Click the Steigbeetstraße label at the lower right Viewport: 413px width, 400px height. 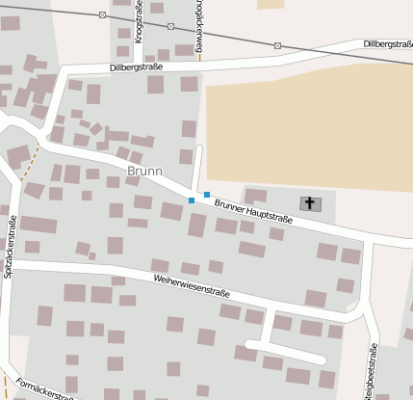point(369,376)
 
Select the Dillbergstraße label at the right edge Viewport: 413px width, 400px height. point(388,44)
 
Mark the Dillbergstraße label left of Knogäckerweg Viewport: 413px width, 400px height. point(136,67)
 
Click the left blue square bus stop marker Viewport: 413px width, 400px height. point(192,200)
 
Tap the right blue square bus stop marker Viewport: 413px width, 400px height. point(207,195)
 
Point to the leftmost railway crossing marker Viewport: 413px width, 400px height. point(103,14)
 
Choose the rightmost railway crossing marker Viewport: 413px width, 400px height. point(277,44)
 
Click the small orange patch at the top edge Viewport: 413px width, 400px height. point(271,4)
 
